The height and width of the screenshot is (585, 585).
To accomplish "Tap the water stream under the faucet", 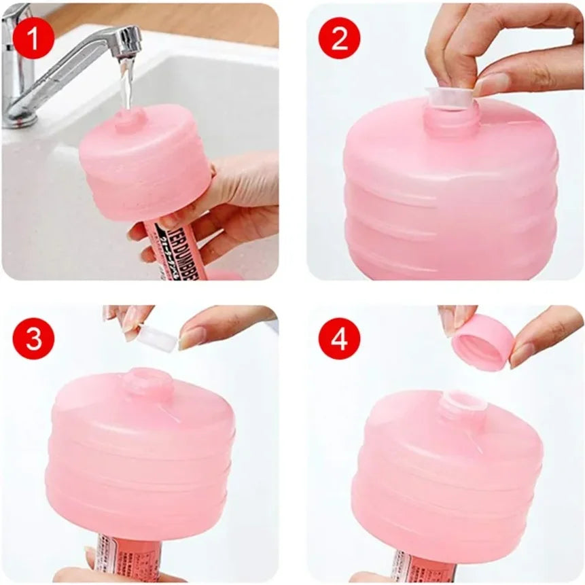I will [x=126, y=85].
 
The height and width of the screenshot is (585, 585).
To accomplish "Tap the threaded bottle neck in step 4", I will [x=463, y=406].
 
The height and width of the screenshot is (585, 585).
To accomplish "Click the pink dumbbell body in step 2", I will [x=448, y=197].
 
